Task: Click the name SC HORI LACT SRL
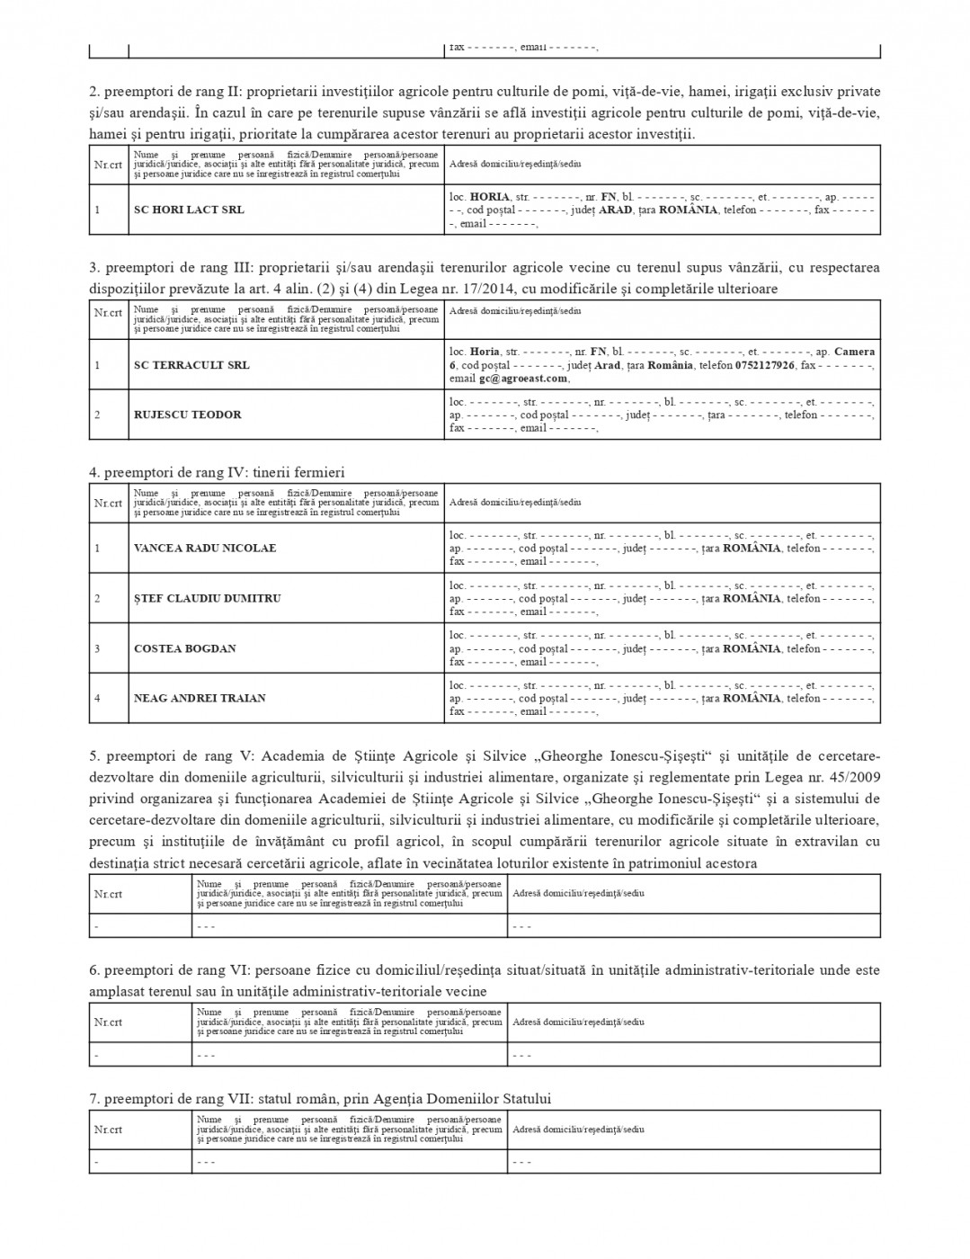point(189,210)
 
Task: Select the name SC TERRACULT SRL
point(191,365)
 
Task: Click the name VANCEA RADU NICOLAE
point(205,548)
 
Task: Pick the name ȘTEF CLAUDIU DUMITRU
point(207,598)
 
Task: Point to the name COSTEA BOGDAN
point(184,648)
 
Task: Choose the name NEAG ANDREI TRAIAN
point(200,698)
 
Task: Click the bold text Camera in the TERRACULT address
point(854,352)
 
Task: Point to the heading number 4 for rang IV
point(93,472)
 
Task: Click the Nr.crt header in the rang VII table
point(108,1130)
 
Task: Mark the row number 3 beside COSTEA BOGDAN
point(97,648)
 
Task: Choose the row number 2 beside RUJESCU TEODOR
point(97,415)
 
